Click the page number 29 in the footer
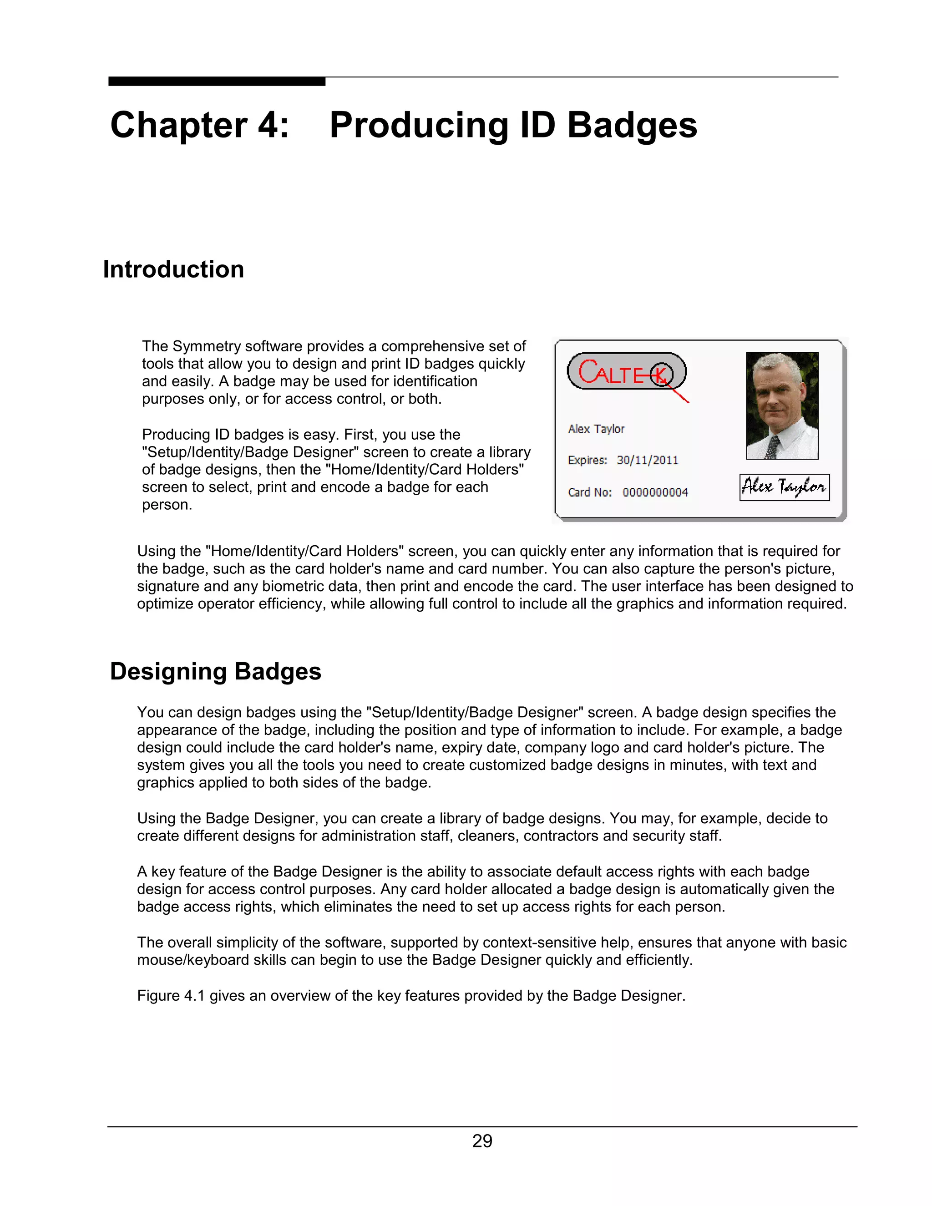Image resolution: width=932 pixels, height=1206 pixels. click(x=482, y=1141)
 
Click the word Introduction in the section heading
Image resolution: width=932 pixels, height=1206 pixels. click(x=173, y=269)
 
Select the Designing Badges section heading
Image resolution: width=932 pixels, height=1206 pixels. click(x=215, y=671)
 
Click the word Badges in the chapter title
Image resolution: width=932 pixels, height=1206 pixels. click(x=632, y=125)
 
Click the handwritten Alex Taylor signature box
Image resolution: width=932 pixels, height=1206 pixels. click(x=784, y=487)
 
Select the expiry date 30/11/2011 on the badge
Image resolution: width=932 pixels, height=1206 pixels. click(x=647, y=460)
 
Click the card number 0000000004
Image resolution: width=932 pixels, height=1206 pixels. click(x=655, y=492)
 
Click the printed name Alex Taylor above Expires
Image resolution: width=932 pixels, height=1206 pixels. click(x=596, y=429)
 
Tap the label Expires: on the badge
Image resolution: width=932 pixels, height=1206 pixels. click(x=587, y=460)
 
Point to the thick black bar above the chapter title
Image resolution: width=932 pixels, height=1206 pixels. click(x=217, y=81)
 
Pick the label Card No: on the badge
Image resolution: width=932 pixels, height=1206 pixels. click(x=589, y=492)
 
